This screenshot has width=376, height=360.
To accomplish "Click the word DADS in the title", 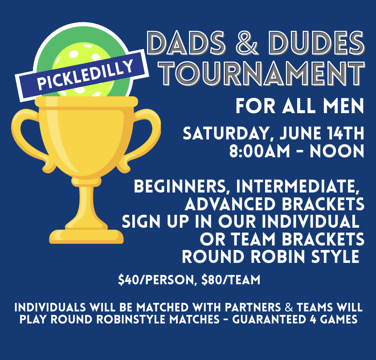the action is click(x=186, y=43).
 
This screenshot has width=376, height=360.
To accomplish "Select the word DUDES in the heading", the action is click(x=316, y=43).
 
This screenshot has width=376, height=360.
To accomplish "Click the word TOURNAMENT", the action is click(x=262, y=74).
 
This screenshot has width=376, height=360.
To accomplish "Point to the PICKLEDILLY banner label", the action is click(x=82, y=75).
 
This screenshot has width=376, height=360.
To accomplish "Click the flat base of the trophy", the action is click(x=86, y=237).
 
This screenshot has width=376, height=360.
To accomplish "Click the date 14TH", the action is click(x=346, y=133).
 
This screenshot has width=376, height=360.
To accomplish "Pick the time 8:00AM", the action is click(x=260, y=151).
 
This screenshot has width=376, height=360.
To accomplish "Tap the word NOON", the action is click(x=337, y=151).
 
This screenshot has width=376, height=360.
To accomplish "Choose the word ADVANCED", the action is click(x=230, y=204).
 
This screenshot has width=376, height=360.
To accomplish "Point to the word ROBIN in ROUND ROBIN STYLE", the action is click(x=278, y=257).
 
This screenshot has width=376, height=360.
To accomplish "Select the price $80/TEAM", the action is click(x=231, y=280).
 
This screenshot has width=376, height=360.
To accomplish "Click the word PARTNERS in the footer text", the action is click(x=253, y=307).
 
